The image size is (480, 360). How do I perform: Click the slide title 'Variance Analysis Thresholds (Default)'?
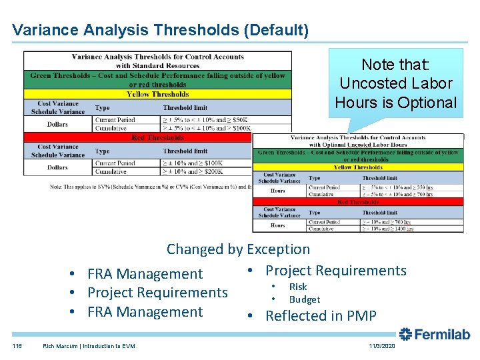160,30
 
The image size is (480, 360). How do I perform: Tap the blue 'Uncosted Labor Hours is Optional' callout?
396,84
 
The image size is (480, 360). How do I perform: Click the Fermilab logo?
434,335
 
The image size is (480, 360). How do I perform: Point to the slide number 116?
17,346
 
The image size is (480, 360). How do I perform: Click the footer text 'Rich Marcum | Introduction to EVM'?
89,346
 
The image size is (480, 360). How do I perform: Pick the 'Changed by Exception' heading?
238,249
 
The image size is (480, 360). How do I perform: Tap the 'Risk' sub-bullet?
297,287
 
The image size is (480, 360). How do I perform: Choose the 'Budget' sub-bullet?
304,300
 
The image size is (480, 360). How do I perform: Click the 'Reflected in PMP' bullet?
321,316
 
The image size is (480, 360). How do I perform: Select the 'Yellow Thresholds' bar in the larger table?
157,95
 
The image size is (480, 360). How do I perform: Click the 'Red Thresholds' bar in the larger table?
157,137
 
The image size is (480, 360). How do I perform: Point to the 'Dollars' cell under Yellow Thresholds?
57,124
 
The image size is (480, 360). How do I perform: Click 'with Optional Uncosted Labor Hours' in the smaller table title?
358,145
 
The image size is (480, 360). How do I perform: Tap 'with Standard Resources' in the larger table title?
157,66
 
